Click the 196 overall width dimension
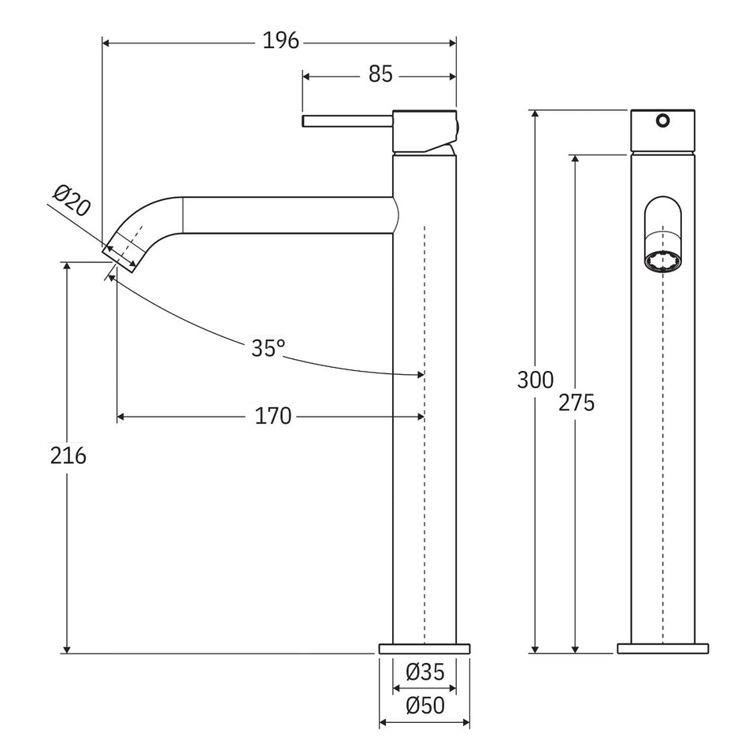click(x=281, y=41)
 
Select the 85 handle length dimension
click(x=380, y=74)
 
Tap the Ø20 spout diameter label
click(x=72, y=200)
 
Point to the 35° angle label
click(x=268, y=347)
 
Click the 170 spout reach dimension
click(x=273, y=416)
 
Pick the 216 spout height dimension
click(x=68, y=455)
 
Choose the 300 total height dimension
click(x=535, y=380)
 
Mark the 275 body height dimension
click(x=576, y=402)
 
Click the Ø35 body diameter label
click(x=424, y=672)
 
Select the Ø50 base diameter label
click(x=424, y=706)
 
